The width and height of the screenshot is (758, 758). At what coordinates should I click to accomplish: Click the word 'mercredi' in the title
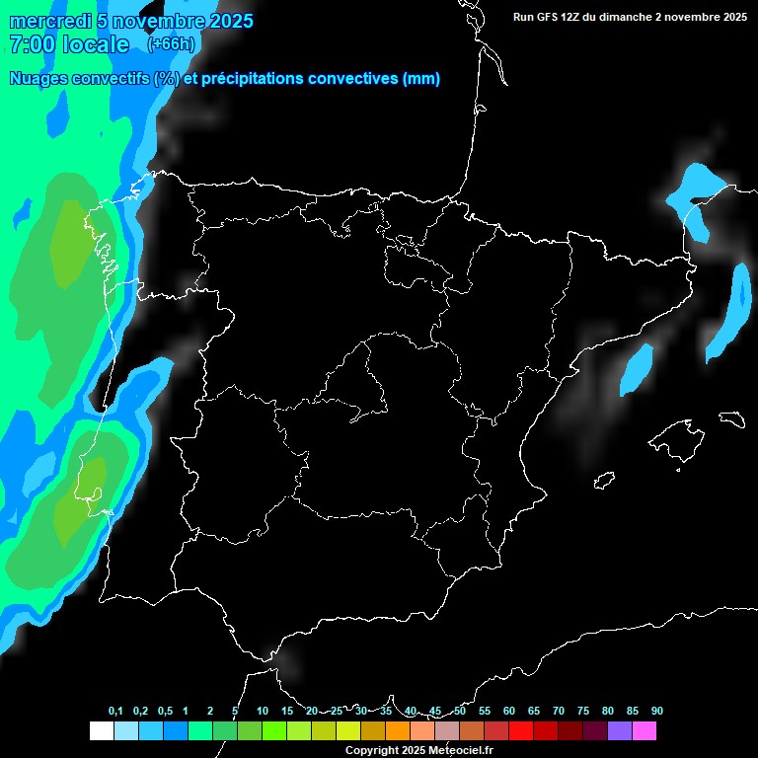tap(47, 21)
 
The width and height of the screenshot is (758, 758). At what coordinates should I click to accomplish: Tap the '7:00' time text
tap(31, 44)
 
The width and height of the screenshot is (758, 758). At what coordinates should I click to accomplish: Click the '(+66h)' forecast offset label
tap(171, 44)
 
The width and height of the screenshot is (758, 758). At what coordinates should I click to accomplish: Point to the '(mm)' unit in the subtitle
tap(421, 79)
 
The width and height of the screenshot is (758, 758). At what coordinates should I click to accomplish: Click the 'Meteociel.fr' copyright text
tap(458, 751)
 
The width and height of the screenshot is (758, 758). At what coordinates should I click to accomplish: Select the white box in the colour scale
tap(101, 731)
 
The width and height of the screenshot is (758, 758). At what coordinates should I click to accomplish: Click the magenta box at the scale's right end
tap(644, 731)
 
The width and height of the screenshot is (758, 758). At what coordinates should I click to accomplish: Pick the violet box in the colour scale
tap(620, 731)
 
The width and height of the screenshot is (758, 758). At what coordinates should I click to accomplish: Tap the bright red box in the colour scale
tap(521, 731)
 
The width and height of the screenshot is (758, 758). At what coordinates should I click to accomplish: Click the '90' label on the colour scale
tap(657, 712)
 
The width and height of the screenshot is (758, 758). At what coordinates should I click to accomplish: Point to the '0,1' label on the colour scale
tap(115, 712)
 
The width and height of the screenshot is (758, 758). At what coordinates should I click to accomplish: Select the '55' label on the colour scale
tap(484, 712)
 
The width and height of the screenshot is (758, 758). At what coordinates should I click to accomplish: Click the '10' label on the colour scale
tap(263, 712)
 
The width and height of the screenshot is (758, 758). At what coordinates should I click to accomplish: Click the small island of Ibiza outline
tap(603, 481)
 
